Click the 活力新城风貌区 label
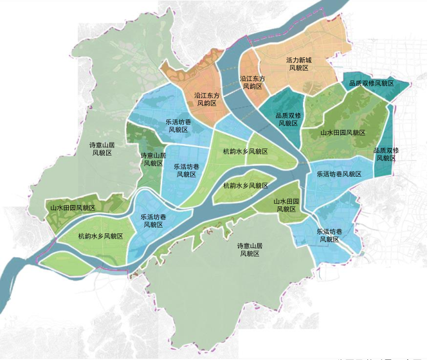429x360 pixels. pos(298,64)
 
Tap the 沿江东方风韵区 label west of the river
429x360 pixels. pos(208,99)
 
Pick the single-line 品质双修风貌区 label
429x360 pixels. pos(370,84)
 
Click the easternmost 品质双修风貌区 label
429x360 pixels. pos(387,154)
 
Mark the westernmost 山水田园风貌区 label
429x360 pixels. pos(73,208)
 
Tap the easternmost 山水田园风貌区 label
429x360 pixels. pos(343,132)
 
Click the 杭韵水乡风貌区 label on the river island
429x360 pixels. pos(245,185)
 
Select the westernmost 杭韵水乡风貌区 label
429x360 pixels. pos(100,236)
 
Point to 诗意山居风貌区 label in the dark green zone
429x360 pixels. pos(153,159)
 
